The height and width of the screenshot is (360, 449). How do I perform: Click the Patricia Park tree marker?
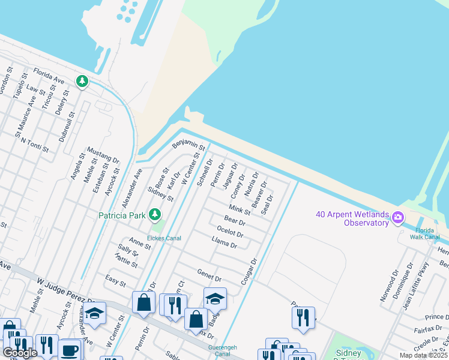pyautogui.click(x=155, y=214)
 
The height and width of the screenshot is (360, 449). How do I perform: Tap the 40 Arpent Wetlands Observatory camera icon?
pyautogui.click(x=397, y=217)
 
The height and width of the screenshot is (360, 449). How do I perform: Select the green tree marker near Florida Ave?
pyautogui.click(x=82, y=81)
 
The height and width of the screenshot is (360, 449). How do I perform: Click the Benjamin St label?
pyautogui.click(x=189, y=145)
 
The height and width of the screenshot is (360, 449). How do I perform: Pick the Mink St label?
pyautogui.click(x=240, y=210)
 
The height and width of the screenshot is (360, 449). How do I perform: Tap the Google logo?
pyautogui.click(x=19, y=353)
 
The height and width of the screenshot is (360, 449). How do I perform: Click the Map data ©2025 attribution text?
pyautogui.click(x=423, y=355)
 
